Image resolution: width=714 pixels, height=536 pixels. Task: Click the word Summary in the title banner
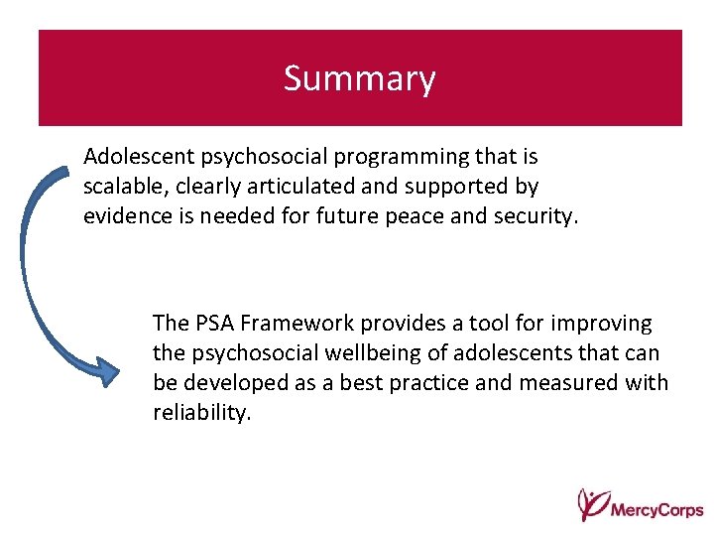click(x=359, y=78)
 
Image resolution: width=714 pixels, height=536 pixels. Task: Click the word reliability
click(x=202, y=412)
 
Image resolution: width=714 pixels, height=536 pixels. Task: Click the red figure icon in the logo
click(x=592, y=503)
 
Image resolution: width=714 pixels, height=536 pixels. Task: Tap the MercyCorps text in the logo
click(x=656, y=510)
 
